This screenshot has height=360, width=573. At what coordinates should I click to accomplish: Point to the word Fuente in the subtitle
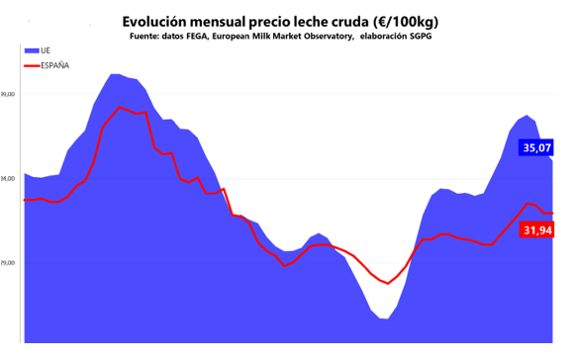pos(147,37)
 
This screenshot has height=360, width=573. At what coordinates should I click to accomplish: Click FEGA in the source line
pos(204,37)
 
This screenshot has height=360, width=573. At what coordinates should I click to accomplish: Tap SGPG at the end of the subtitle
pos(429,37)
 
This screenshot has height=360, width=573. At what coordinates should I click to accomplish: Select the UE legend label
pos(47,49)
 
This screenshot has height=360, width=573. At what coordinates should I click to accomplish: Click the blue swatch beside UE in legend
pos(32,49)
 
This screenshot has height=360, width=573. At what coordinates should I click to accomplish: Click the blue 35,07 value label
pos(536,147)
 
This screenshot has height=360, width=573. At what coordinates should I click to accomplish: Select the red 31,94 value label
pos(536,229)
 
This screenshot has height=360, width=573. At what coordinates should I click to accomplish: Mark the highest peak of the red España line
pos(120,107)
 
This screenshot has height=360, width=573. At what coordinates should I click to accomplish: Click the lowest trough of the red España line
pos(389,283)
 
